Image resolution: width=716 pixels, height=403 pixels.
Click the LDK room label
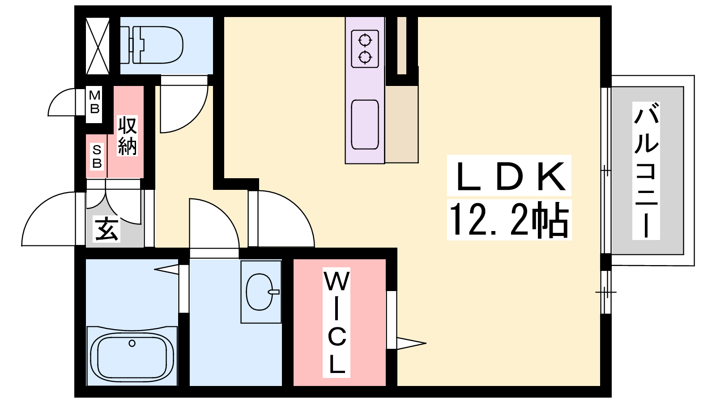coord(510,176)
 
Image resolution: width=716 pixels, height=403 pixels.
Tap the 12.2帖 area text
coord(509,219)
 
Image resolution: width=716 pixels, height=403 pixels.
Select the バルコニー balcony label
coord(646,171)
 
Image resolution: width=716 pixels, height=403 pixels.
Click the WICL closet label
coord(337,322)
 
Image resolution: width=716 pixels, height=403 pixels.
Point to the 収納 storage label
coord(127,136)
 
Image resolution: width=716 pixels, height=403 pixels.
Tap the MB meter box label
coord(94,102)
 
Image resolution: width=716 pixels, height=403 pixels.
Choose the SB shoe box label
coord(97,156)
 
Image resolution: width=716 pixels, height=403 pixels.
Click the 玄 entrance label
coord(106,229)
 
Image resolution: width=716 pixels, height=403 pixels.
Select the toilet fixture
coord(152,45)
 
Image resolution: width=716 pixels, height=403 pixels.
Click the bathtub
coord(132,356)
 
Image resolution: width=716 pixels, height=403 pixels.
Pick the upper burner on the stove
coord(365,41)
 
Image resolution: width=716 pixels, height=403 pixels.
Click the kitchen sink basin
coord(365,125)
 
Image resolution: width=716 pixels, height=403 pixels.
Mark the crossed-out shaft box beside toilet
coord(98,46)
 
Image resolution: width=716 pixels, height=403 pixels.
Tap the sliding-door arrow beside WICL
coord(411,343)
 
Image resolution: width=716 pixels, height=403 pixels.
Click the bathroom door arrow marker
coord(166,269)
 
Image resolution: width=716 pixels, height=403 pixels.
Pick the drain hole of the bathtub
coord(132,343)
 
